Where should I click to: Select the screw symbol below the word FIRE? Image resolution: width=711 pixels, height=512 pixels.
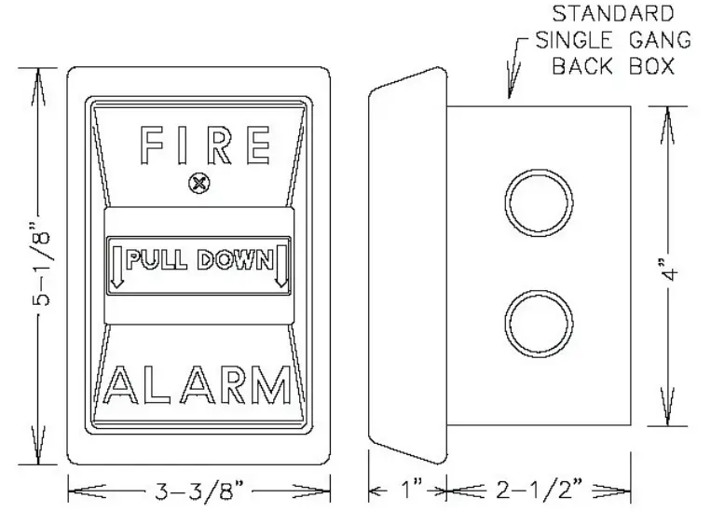(x=197, y=184)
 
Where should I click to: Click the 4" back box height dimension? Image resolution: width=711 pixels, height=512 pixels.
(x=673, y=265)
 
